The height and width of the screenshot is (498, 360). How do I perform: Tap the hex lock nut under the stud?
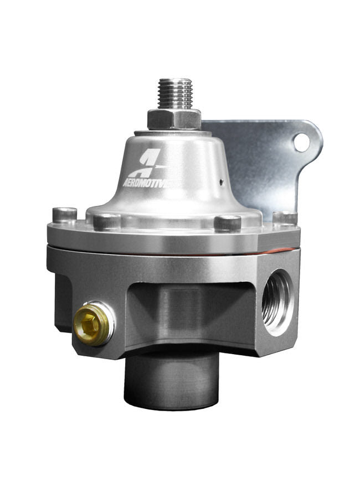(174, 118)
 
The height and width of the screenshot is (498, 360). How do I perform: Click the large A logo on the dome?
(151, 161)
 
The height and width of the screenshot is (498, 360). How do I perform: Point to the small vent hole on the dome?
(221, 180)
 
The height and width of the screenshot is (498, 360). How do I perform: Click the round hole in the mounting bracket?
(301, 142)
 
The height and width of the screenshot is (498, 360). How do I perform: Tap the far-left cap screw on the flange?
(64, 215)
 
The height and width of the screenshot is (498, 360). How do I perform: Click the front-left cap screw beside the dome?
(106, 222)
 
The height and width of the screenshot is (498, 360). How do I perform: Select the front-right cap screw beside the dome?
(227, 223)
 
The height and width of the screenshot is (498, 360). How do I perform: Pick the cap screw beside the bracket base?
(285, 217)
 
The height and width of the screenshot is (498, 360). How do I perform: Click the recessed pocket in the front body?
(183, 310)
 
